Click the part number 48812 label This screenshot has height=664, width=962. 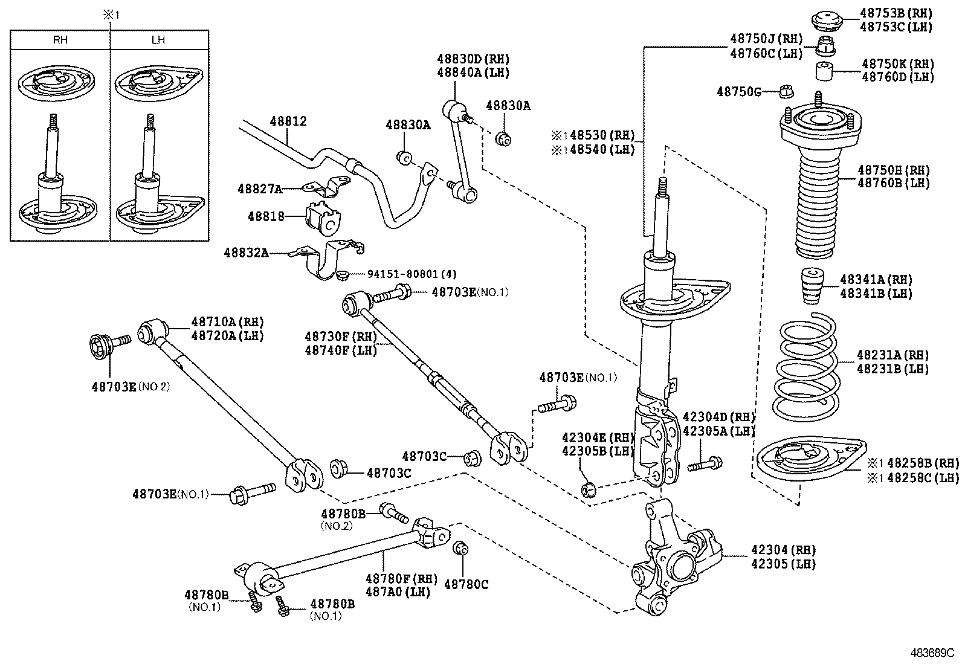click(288, 121)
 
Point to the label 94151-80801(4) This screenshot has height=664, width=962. click(412, 273)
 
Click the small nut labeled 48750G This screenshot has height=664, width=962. click(787, 92)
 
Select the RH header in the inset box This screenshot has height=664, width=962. click(60, 40)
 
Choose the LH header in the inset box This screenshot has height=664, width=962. click(158, 40)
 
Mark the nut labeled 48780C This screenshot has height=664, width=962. click(460, 549)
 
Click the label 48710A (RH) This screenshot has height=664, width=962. click(227, 321)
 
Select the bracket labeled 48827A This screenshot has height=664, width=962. click(327, 188)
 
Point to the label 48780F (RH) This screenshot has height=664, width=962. click(401, 578)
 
